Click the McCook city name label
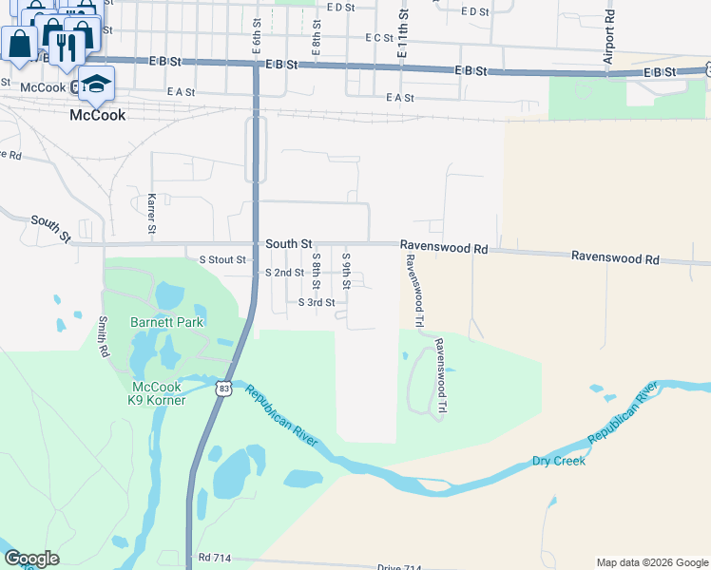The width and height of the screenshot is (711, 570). click(98, 115)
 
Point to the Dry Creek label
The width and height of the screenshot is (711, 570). click(558, 461)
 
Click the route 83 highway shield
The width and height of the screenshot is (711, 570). click(223, 389)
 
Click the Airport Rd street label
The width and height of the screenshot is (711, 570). click(609, 39)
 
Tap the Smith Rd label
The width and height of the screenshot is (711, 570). click(103, 337)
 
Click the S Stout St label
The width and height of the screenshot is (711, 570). click(221, 259)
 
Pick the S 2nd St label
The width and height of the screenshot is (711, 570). click(285, 273)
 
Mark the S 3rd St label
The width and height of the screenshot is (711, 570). click(317, 303)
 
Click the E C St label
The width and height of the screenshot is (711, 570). click(378, 38)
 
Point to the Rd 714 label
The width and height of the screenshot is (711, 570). click(216, 556)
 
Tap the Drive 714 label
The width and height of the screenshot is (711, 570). click(398, 567)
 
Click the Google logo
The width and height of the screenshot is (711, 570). click(31, 559)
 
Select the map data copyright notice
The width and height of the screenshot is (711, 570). click(651, 562)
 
